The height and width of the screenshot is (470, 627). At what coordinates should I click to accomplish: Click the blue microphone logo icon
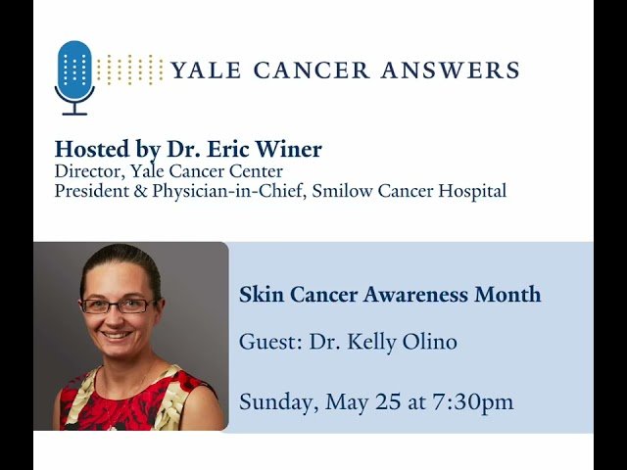[74, 74]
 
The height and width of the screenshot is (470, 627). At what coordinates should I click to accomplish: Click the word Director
[88, 172]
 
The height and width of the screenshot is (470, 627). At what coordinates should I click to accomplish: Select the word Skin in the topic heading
[257, 295]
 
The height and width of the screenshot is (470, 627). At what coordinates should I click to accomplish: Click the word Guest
[267, 343]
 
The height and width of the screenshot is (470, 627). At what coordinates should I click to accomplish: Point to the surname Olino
[426, 343]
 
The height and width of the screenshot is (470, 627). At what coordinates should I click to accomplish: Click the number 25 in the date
[388, 401]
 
